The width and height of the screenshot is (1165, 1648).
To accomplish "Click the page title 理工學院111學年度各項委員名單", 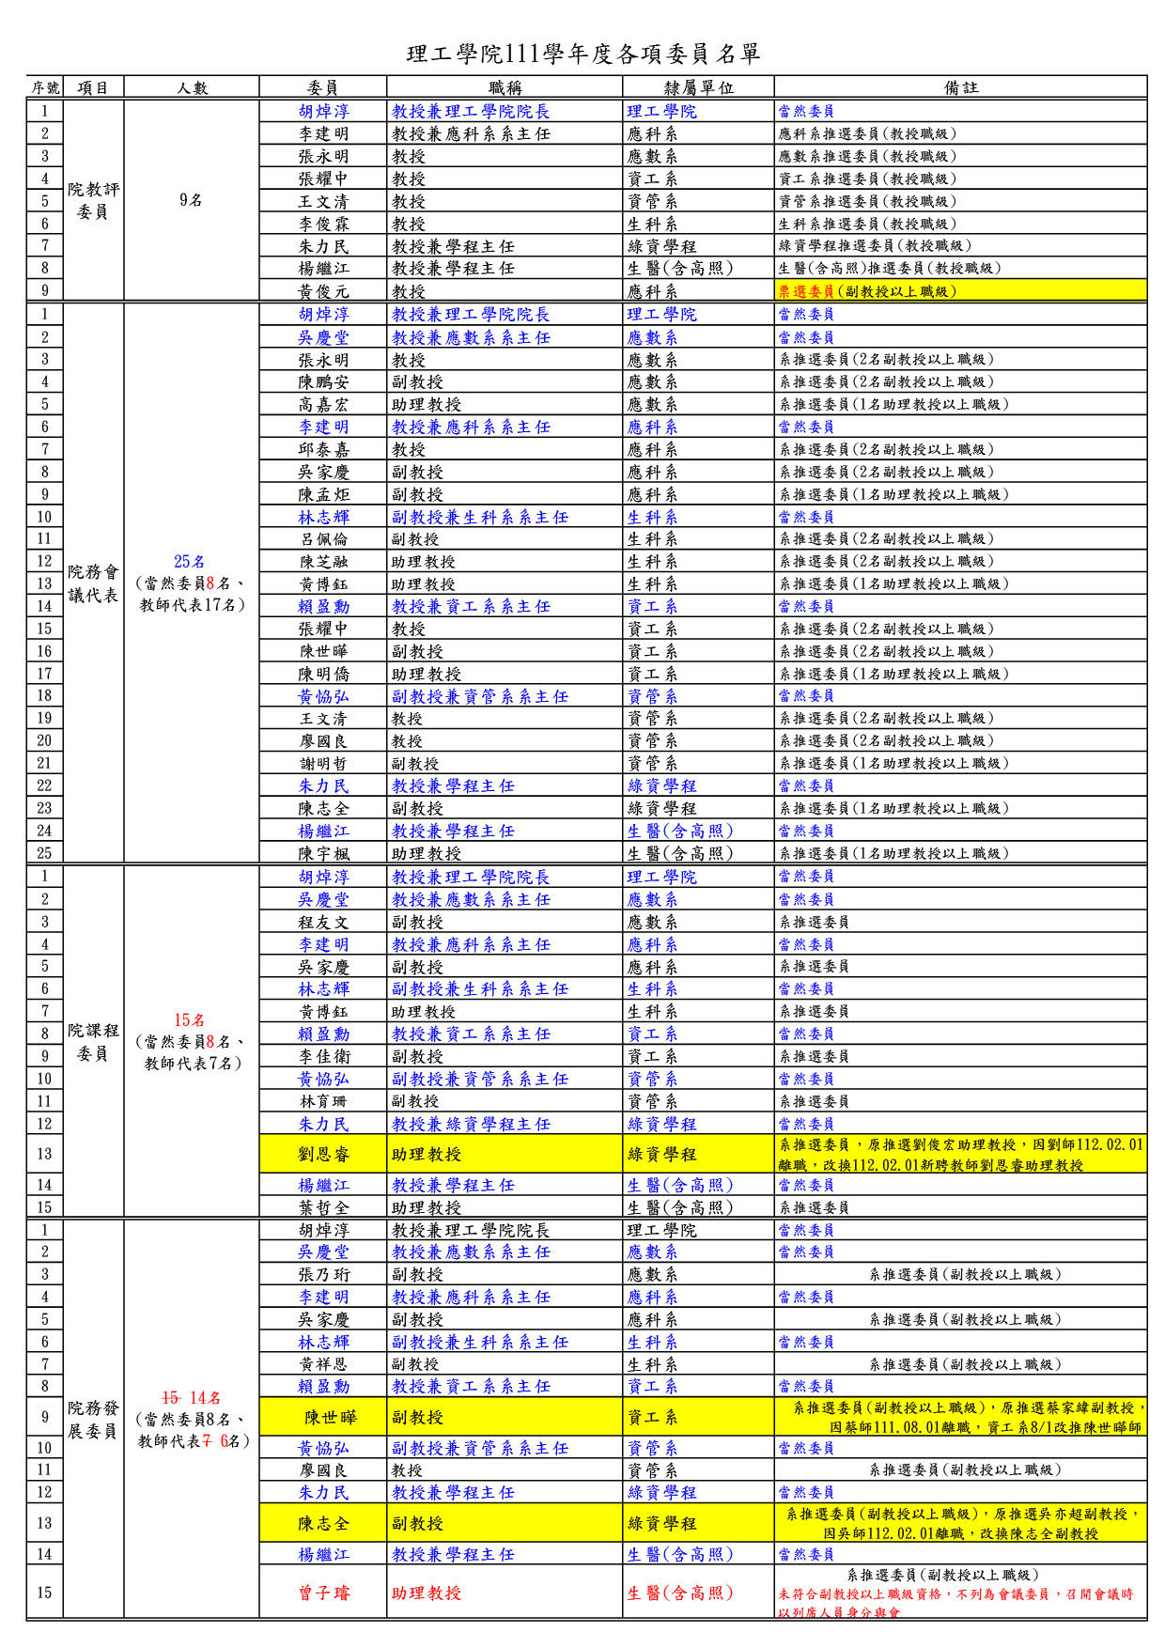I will [x=582, y=54].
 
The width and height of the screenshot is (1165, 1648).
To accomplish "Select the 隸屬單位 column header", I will [x=698, y=87].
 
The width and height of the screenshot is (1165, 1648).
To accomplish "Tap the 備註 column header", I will [x=960, y=87].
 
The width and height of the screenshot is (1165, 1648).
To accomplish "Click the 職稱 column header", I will [x=505, y=87].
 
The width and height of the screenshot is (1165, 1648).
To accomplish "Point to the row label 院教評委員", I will [x=93, y=201].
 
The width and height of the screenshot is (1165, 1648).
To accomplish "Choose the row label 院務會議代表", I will [x=93, y=583].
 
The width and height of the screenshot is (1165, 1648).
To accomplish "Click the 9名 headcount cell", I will [x=191, y=200].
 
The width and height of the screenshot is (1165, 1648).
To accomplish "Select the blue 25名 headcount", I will [x=189, y=561].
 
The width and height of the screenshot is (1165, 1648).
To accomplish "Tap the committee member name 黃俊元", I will [x=323, y=291].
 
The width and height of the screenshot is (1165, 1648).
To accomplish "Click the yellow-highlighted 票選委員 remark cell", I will [x=960, y=291].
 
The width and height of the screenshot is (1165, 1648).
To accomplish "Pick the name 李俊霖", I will [x=323, y=224].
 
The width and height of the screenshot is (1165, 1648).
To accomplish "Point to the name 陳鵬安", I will [x=323, y=381].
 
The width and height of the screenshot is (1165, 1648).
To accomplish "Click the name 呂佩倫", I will [x=323, y=538].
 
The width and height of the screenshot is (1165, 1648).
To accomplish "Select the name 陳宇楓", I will [x=323, y=853].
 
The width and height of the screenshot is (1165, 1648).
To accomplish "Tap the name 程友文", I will [x=323, y=922].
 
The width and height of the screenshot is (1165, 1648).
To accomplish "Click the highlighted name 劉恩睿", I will [x=323, y=1154].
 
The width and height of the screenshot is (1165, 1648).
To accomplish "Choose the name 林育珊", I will [x=323, y=1101].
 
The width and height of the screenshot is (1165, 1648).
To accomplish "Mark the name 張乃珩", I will [x=323, y=1274].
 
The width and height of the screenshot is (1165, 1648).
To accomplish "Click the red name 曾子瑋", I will [x=323, y=1593].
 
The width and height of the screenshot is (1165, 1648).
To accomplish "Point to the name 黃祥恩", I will [x=323, y=1363].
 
